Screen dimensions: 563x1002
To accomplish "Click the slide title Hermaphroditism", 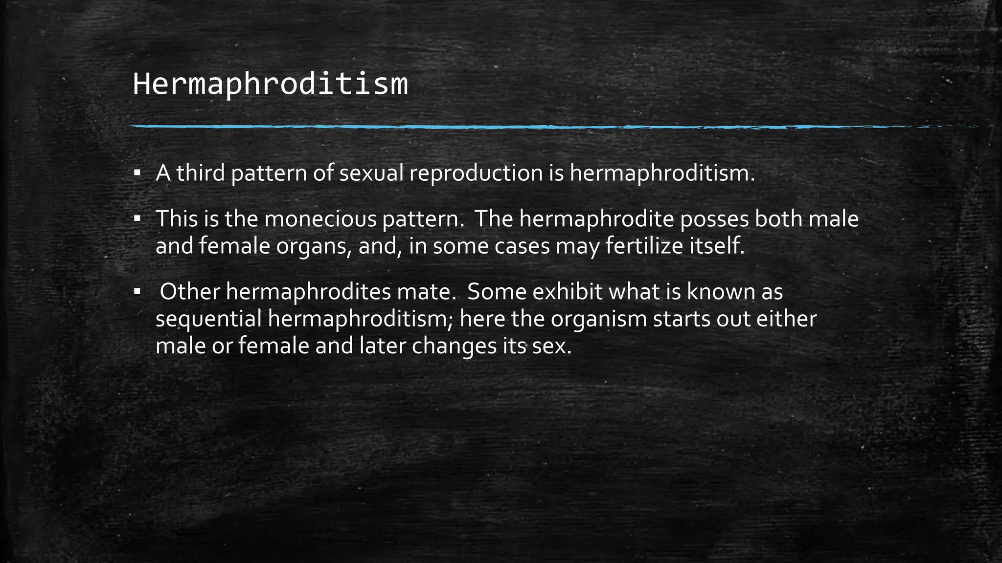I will point(270,84).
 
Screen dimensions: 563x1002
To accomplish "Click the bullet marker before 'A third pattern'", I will point(137,173).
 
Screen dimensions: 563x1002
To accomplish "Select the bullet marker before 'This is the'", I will point(137,218).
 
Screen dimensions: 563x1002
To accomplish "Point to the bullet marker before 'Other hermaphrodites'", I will point(137,292).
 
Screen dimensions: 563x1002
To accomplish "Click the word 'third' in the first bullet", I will point(200,173).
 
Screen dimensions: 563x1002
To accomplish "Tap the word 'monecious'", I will point(320,219).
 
